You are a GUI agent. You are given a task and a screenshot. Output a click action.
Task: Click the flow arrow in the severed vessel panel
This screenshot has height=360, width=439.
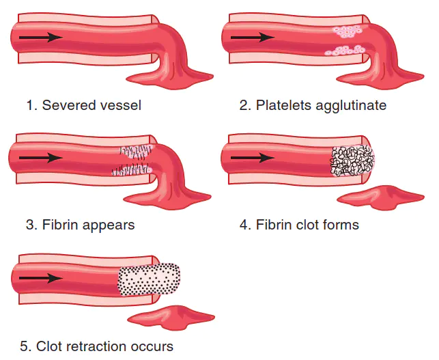[41, 38]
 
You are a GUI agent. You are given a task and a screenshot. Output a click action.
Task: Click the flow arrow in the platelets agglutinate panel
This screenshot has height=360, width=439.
[253, 38]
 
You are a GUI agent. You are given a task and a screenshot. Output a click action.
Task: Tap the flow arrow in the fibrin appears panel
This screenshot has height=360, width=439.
[41, 158]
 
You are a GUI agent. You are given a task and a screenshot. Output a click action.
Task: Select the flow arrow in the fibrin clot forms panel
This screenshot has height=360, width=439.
[253, 158]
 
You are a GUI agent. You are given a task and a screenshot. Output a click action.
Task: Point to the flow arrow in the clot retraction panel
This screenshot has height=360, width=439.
[41, 278]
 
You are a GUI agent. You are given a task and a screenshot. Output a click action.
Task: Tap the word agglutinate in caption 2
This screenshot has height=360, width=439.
[351, 106]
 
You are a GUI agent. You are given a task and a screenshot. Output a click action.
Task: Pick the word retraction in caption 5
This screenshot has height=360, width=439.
[94, 346]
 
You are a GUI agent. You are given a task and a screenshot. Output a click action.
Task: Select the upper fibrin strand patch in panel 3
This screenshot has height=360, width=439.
[137, 152]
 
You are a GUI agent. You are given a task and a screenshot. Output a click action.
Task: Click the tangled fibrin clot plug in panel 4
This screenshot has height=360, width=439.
[353, 161]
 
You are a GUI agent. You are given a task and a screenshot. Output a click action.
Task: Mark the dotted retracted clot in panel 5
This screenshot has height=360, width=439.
[149, 279]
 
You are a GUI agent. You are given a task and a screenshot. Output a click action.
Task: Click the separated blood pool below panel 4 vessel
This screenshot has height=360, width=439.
[381, 197]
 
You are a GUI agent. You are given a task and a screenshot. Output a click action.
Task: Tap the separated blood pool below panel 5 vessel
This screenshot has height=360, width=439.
[171, 318]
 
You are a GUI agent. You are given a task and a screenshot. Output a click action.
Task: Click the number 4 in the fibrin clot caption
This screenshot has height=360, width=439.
[243, 225]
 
